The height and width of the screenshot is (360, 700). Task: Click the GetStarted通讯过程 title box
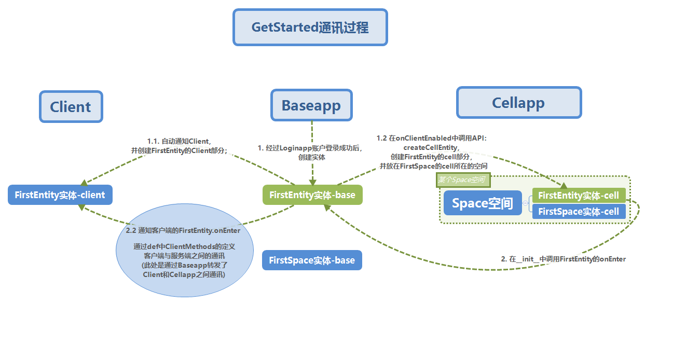click(310, 27)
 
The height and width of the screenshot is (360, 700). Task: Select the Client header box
click(71, 107)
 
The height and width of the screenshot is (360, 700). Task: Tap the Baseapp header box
click(311, 106)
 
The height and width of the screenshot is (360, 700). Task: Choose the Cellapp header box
click(518, 103)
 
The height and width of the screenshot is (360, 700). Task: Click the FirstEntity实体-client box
click(60, 195)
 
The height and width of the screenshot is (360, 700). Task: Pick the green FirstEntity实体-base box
click(312, 195)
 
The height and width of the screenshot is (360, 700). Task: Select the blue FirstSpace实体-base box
click(312, 260)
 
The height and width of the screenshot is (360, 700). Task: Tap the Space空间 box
click(482, 203)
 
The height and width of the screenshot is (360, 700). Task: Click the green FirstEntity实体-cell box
click(579, 196)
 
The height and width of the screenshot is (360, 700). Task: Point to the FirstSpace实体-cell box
click(579, 211)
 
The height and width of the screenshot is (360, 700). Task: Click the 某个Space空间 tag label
click(462, 180)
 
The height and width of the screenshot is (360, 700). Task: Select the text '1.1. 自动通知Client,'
click(179, 141)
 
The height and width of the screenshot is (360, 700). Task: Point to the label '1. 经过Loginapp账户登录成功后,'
click(310, 148)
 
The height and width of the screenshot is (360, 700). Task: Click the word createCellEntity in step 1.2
click(431, 147)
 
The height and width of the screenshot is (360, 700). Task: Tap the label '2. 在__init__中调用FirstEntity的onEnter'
click(563, 259)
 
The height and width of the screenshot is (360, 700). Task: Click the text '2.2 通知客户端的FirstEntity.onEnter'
click(183, 230)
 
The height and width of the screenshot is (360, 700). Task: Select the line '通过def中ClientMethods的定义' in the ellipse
click(184, 246)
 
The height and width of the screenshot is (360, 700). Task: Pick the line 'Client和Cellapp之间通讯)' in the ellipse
click(184, 274)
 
